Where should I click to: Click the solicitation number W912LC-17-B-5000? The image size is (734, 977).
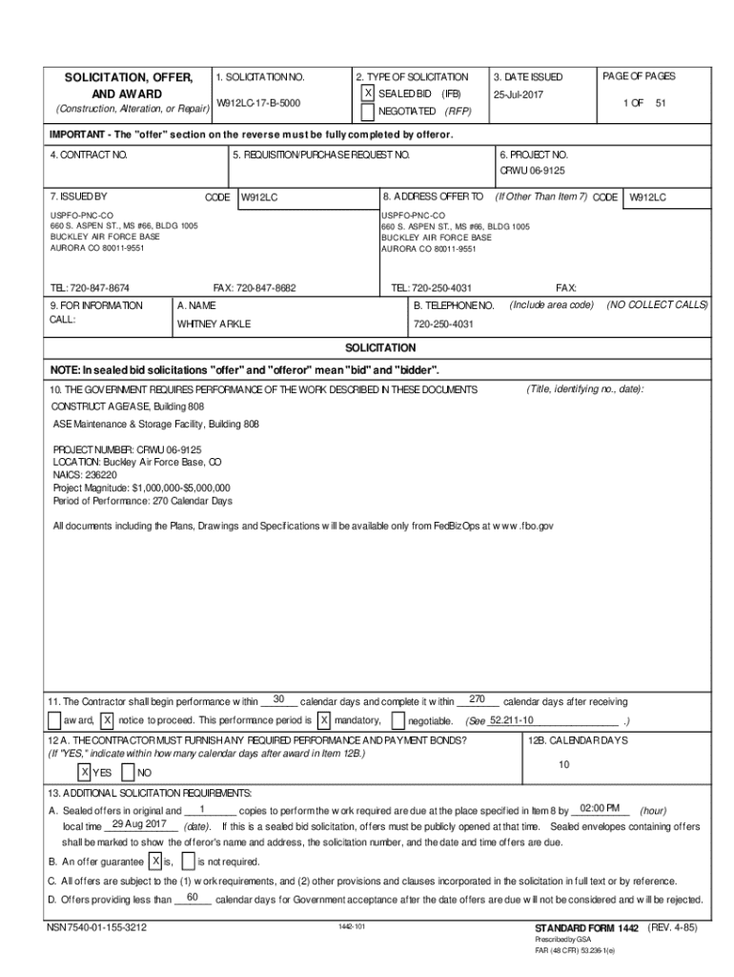(x=259, y=102)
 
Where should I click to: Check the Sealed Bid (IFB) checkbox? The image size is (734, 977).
(x=368, y=94)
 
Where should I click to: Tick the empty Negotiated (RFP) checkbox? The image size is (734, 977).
(x=368, y=112)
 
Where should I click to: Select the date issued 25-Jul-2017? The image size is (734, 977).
(x=519, y=95)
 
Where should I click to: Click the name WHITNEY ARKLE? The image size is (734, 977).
(x=214, y=323)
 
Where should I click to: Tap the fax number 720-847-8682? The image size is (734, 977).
(x=254, y=287)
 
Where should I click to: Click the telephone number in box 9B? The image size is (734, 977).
(x=443, y=324)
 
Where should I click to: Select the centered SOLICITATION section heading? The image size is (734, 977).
(x=379, y=347)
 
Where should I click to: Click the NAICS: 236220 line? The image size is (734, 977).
(x=85, y=474)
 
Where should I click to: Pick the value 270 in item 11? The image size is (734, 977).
(x=479, y=699)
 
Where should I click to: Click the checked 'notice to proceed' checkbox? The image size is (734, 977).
(x=108, y=720)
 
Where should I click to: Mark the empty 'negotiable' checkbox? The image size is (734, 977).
(x=398, y=720)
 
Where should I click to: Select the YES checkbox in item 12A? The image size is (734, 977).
(x=85, y=771)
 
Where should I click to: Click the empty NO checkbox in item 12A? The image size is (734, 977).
(x=130, y=771)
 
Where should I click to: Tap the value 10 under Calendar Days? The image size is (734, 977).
(x=563, y=764)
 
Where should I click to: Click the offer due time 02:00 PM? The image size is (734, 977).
(x=600, y=807)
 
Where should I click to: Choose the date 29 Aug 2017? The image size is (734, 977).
(x=139, y=824)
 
